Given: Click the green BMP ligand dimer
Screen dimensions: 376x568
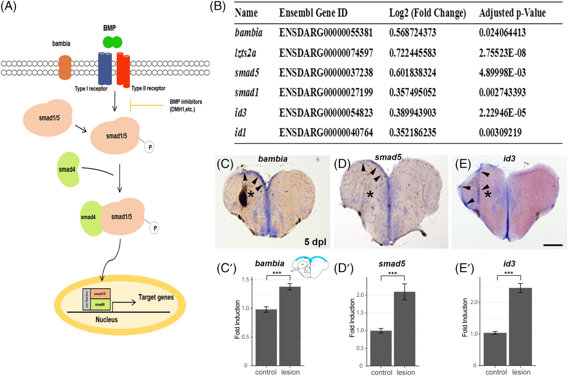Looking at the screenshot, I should (112, 42).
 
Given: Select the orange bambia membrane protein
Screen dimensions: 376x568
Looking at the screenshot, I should (65, 68).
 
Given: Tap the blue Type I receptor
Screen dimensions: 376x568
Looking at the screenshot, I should (105, 69).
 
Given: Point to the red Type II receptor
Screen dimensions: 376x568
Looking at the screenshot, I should (123, 69).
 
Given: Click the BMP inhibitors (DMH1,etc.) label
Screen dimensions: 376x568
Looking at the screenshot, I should (186, 106).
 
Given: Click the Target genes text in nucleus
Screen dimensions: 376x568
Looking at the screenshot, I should (156, 297).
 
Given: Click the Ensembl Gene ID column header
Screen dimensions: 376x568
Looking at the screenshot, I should (313, 13).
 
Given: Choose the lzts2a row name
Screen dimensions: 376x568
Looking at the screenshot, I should (245, 53).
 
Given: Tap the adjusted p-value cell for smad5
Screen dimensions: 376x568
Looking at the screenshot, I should (502, 73).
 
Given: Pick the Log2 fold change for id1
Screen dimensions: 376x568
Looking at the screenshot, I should (412, 132).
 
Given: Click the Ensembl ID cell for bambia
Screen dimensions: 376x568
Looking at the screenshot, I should (326, 33).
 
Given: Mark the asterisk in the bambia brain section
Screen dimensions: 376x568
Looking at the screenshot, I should (251, 194).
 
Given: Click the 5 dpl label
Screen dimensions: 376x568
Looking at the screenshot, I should (315, 242).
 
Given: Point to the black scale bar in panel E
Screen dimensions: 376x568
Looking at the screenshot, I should (553, 245).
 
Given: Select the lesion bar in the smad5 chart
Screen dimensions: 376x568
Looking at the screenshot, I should (405, 329).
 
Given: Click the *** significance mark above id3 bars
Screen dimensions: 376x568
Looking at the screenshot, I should (508, 273).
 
